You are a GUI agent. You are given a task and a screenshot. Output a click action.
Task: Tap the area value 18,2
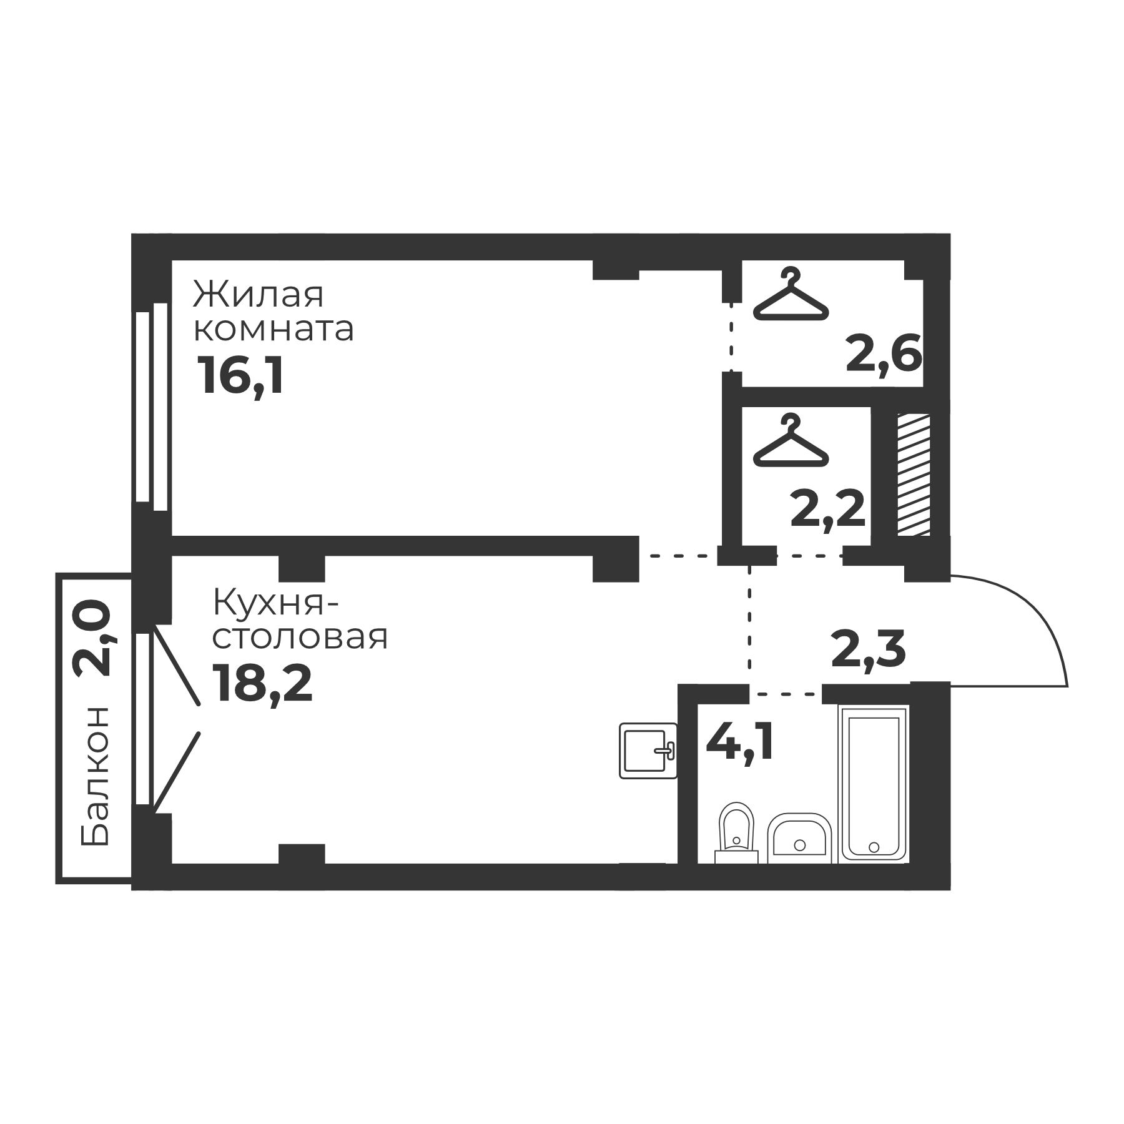click(262, 683)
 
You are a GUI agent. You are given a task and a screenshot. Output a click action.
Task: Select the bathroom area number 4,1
click(739, 742)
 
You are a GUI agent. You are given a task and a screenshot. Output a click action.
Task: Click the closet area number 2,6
click(884, 354)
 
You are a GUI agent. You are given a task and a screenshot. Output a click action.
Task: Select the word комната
click(274, 330)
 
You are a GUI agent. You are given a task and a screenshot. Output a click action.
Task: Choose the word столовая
click(300, 638)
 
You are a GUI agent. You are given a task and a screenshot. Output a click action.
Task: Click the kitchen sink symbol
click(648, 751)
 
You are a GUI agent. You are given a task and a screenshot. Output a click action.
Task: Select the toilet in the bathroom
click(736, 833)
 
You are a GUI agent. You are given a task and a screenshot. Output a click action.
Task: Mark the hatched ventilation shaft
click(914, 475)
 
